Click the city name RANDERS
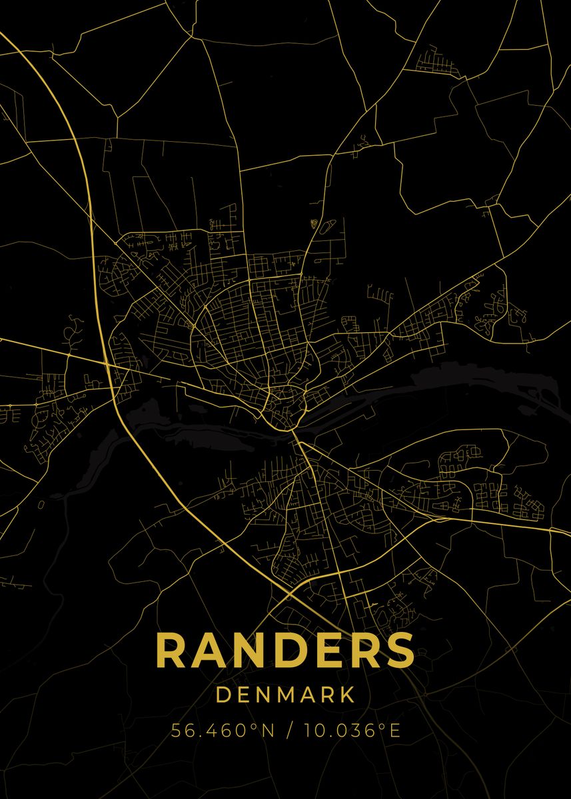click(285, 650)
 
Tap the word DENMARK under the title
click(285, 695)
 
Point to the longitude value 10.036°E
click(351, 730)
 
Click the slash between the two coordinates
click(288, 730)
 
